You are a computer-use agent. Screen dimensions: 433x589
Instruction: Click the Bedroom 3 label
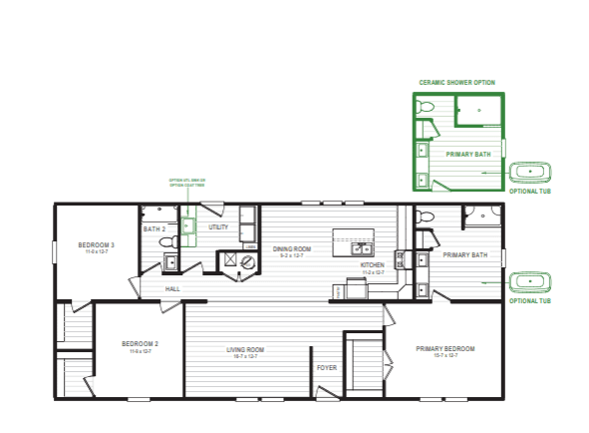pos(98,244)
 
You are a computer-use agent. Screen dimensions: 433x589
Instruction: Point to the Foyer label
pos(327,367)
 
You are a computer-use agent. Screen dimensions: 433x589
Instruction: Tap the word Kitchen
pos(373,265)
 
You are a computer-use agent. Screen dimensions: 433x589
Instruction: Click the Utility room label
pos(218,227)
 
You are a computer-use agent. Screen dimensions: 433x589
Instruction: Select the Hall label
pos(172,288)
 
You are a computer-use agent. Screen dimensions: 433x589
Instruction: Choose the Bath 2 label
pos(153,229)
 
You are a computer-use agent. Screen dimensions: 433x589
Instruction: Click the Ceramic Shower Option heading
pos(457,83)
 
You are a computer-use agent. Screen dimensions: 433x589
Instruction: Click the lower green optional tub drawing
pos(529,281)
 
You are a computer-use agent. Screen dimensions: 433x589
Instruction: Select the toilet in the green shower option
pos(426,107)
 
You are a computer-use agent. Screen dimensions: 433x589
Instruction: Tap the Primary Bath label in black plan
pos(464,255)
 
